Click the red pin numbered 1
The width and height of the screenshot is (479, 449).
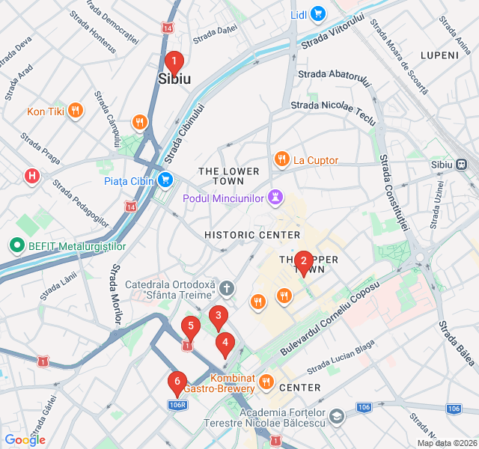tap(174, 62)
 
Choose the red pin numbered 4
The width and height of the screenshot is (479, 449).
tap(225, 343)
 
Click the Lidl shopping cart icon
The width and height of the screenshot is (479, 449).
tap(318, 13)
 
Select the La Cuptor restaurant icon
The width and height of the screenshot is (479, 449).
tap(281, 159)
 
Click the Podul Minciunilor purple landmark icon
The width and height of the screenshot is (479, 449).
tap(275, 198)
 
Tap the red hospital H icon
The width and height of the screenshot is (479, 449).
tap(32, 177)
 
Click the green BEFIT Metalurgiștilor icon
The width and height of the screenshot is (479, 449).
tap(15, 245)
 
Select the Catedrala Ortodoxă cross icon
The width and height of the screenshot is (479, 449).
tap(228, 287)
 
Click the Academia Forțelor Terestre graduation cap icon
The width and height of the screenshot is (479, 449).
tap(337, 414)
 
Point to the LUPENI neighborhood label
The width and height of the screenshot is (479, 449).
tap(439, 55)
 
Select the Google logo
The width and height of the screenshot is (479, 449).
tap(25, 439)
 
